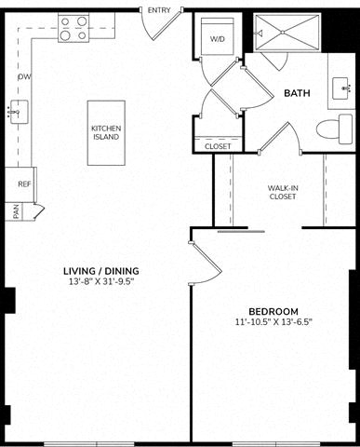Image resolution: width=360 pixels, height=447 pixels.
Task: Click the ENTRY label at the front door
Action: (159, 10)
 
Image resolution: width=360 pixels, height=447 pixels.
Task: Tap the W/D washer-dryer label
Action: (218, 39)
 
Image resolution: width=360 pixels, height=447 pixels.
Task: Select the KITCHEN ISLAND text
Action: (106, 132)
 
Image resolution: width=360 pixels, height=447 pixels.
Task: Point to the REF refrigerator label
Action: (24, 184)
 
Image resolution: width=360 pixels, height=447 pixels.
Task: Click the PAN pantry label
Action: (17, 211)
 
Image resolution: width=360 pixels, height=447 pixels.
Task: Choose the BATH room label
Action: (297, 93)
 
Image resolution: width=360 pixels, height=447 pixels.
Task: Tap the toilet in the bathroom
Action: (335, 129)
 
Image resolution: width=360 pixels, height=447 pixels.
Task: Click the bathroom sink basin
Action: (341, 88)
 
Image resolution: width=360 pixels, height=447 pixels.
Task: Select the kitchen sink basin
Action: (19, 112)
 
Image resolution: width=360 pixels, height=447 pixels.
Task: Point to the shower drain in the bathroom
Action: (283, 32)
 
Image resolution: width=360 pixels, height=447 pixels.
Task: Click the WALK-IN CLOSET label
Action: (283, 192)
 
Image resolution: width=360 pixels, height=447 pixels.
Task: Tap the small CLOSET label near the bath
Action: (218, 146)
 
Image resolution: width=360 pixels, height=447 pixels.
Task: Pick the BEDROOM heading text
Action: (273, 311)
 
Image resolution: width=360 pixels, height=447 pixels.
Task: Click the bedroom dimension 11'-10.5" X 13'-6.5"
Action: (273, 322)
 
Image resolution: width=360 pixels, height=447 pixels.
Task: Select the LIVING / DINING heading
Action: (101, 271)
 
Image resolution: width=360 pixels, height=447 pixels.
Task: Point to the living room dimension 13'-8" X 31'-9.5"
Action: (101, 282)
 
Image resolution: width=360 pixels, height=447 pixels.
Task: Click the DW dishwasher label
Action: (25, 76)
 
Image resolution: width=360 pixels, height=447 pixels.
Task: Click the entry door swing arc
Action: (145, 29)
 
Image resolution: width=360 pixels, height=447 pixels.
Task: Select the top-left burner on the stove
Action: (65, 21)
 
